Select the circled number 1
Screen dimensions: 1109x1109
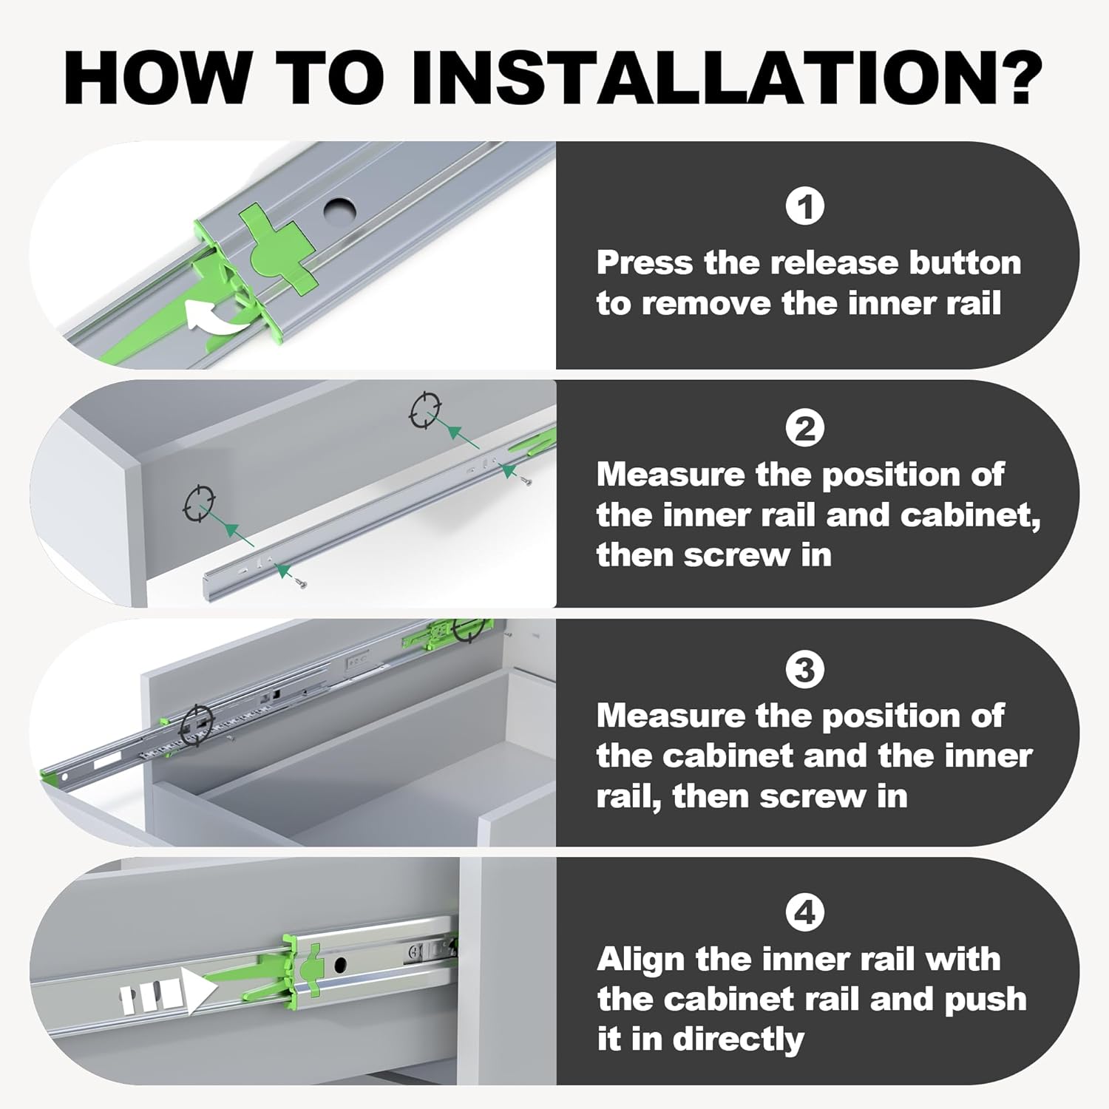pos(804,207)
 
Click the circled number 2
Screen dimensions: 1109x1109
pos(804,430)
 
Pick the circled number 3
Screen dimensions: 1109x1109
pos(804,671)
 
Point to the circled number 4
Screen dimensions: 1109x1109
pos(804,912)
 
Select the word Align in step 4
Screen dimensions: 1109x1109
pos(641,960)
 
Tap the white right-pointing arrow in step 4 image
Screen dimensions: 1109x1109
pos(197,991)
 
